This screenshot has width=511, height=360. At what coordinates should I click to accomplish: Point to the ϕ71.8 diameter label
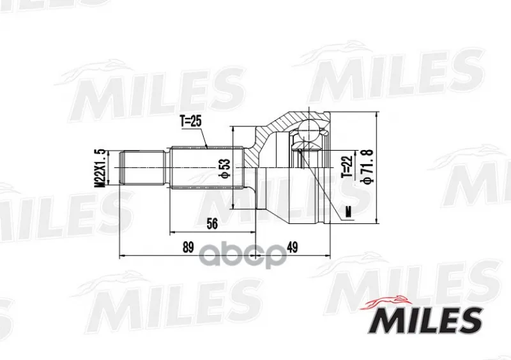(x=367, y=165)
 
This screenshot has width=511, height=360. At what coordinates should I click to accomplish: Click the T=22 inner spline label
(x=347, y=166)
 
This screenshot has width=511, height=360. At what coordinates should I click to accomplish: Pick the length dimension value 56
(x=212, y=224)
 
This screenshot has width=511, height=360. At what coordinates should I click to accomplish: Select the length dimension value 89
(x=188, y=247)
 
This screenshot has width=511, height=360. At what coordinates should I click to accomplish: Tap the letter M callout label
(x=349, y=213)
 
